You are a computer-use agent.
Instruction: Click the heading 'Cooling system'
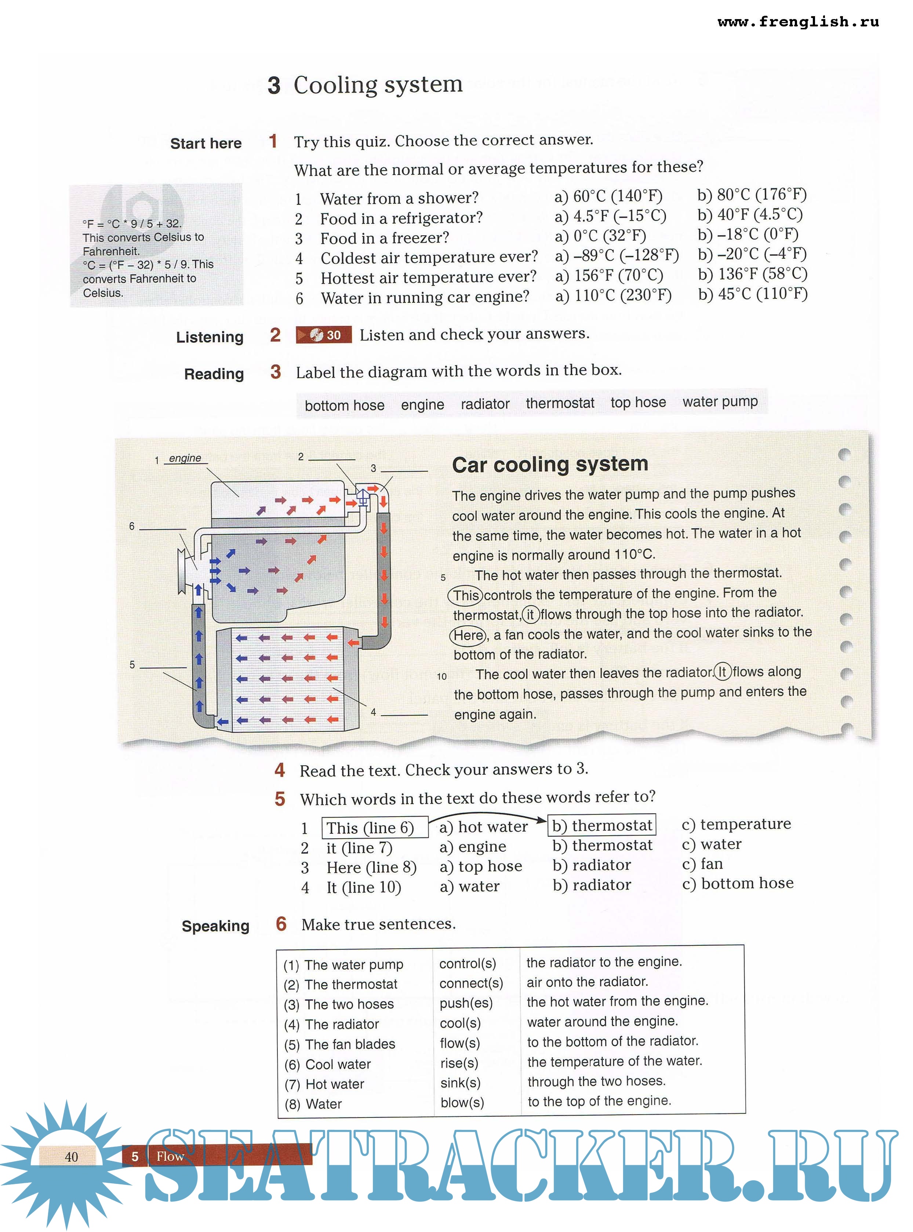(378, 85)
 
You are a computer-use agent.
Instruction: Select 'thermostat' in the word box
(560, 403)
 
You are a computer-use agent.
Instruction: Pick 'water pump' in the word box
(720, 402)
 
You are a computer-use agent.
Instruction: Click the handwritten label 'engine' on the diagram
(185, 458)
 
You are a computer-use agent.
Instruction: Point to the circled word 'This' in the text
(465, 595)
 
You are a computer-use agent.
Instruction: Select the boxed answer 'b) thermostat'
(601, 825)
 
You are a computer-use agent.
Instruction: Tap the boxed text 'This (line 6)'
(375, 828)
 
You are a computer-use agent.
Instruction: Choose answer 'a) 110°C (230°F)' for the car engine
(614, 296)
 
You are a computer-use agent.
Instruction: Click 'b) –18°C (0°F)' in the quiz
(748, 235)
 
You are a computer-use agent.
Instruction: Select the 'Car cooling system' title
(550, 464)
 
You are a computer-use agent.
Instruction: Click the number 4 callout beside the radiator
(374, 712)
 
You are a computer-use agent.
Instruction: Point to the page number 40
(71, 1157)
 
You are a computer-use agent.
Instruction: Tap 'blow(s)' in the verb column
(462, 1103)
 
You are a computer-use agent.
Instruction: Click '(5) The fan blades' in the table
(340, 1044)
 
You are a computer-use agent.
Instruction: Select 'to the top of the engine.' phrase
(599, 1101)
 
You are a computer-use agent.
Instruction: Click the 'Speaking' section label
(215, 926)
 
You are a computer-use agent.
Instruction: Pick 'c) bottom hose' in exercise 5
(737, 884)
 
